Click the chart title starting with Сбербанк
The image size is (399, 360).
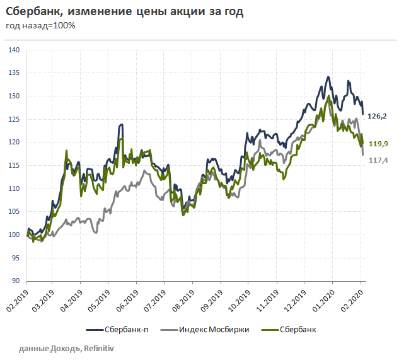coord(125,12)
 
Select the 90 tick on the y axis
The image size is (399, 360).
coord(16,281)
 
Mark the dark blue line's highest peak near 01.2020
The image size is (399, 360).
coord(328,78)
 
